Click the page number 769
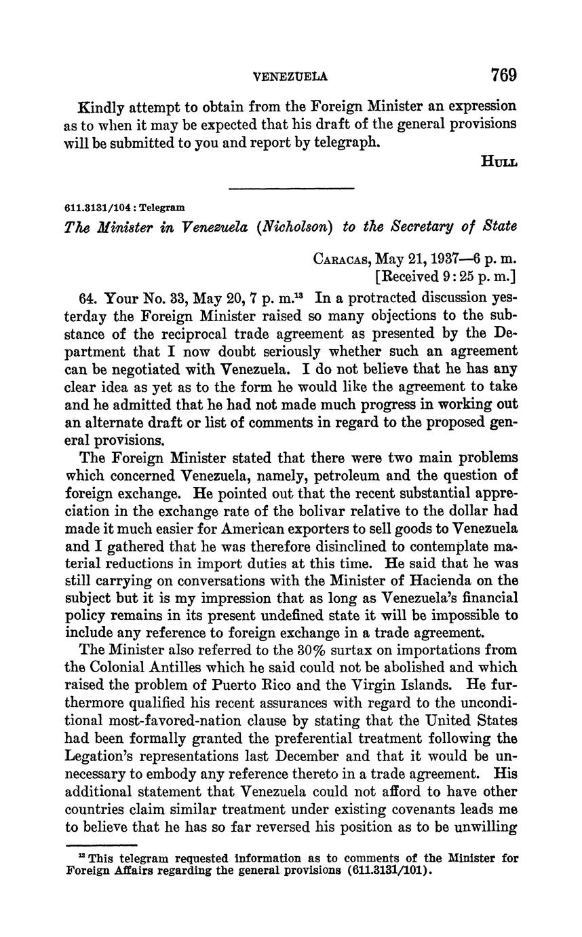pyautogui.click(x=504, y=75)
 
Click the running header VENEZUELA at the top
pyautogui.click(x=290, y=77)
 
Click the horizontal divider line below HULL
pyautogui.click(x=291, y=188)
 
